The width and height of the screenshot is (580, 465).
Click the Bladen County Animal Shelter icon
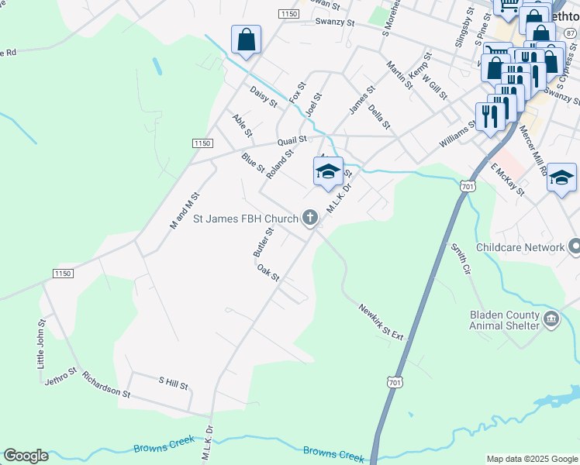pyautogui.click(x=551, y=319)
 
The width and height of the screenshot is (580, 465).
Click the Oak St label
pyautogui.click(x=268, y=272)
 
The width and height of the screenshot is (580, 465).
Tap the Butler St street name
pyautogui.click(x=263, y=243)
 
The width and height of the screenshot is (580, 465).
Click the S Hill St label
pyautogui.click(x=173, y=382)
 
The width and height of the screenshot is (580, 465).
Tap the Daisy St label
pyautogui.click(x=264, y=97)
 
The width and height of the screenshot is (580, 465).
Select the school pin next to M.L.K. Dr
pyautogui.click(x=328, y=171)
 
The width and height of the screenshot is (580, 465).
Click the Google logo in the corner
pyautogui.click(x=26, y=456)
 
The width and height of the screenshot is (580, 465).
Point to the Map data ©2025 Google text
pyautogui.click(x=531, y=459)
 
